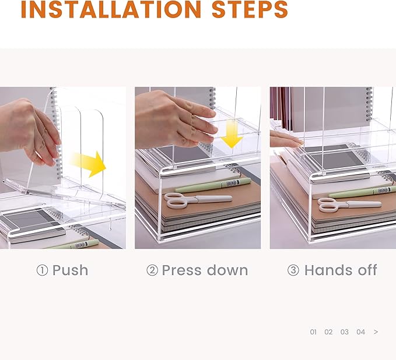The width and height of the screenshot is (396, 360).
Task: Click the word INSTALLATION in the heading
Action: coord(111,9)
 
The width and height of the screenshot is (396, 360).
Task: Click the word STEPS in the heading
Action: coord(250,9)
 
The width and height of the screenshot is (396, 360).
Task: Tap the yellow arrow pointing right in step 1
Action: coord(89,164)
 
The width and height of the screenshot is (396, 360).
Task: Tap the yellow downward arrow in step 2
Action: coord(232,134)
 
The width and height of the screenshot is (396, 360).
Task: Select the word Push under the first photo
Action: coord(70,270)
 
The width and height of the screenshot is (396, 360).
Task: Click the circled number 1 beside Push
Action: coord(42,270)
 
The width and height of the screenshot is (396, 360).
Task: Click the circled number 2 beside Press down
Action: coord(152,270)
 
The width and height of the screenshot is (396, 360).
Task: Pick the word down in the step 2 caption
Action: coord(227,270)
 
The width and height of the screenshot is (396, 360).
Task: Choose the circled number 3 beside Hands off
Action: coord(293,270)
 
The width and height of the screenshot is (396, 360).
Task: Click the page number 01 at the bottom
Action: coord(313,332)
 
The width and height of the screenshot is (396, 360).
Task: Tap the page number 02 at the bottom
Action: coord(328,332)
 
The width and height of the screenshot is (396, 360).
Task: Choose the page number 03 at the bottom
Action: coord(345,332)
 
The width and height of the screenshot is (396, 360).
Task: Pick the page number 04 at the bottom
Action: coord(360,332)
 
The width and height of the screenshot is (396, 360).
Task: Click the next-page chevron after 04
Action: coord(376,332)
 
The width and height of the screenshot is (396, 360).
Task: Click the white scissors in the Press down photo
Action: coord(198,200)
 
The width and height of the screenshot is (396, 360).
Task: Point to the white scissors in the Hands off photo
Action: coord(349,204)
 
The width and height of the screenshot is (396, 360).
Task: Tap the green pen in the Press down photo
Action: coord(213,185)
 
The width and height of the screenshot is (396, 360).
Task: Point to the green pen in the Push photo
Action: coord(73,245)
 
